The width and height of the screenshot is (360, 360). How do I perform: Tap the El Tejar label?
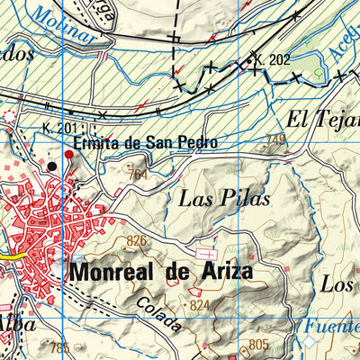320,118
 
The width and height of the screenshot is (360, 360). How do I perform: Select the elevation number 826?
136,240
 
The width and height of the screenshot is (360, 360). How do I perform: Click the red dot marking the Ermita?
69,155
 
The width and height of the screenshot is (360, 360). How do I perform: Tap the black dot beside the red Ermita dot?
51,166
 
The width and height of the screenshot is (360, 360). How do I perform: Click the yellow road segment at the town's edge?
13,256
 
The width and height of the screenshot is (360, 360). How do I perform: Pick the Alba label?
16,323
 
